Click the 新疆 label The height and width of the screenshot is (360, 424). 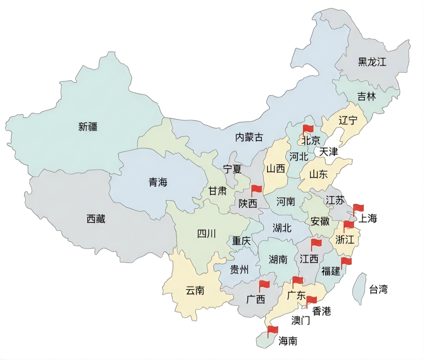coord(88,127)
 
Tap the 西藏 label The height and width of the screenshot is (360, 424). coord(96,219)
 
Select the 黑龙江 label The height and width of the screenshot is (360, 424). coord(372,62)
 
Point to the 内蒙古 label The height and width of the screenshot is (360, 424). coord(249,137)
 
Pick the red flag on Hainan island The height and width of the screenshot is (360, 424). coord(272,331)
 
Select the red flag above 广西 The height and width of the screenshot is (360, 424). coord(264,285)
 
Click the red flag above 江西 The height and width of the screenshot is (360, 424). coord(316,244)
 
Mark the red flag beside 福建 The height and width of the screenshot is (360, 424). coord(346,262)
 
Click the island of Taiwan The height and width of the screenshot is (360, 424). coord(358,289)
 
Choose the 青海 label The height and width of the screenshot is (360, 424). coord(158,182)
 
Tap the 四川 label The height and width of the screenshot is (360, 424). coord(206,234)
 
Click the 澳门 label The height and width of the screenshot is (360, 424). coord(300,321)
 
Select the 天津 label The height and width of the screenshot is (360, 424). coord(328,152)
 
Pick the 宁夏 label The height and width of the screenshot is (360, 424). coord(232,169)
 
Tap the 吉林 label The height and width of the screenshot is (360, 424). coord(366,96)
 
